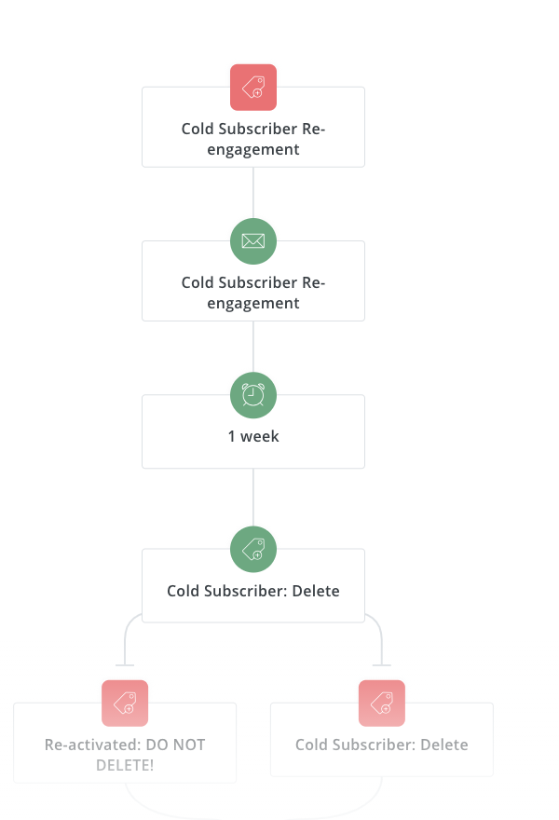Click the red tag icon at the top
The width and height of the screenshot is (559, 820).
coord(253,87)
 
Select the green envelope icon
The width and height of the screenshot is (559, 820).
coord(253,240)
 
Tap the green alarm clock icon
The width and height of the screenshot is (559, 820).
coord(253,395)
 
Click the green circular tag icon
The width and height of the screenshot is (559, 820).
coord(253,549)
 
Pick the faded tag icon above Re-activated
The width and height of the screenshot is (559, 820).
coord(125,703)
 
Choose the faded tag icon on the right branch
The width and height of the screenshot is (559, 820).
coord(382,703)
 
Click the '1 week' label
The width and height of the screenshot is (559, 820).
coord(253,436)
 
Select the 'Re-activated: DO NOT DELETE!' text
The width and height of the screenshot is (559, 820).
coord(125,755)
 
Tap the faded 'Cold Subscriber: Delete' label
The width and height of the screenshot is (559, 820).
coord(382,745)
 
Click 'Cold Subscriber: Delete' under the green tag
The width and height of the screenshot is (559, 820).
coord(253,591)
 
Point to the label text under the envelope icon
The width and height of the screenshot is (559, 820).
coord(253,293)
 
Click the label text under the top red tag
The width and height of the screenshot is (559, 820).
coord(253,139)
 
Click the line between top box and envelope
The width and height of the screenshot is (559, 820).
coord(253,193)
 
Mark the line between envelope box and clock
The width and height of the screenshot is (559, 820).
coord(253,347)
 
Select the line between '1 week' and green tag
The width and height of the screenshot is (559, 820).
coord(253,499)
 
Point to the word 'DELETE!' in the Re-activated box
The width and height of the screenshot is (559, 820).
coord(125,765)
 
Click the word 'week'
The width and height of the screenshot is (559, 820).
coord(260,436)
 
